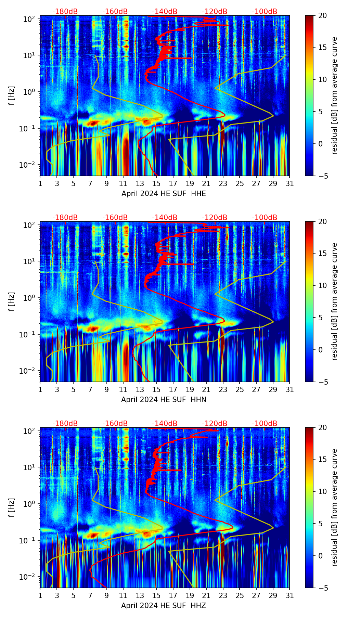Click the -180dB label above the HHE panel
(65, 12)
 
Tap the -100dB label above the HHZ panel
(265, 424)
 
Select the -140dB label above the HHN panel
(165, 218)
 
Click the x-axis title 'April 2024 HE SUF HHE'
(164, 194)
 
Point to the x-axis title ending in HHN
(164, 400)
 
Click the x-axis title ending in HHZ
(164, 606)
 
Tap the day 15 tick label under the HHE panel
(156, 183)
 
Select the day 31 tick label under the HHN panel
(290, 389)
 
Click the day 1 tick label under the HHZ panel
(40, 595)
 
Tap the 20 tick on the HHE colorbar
(322, 16)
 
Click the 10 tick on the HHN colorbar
(322, 285)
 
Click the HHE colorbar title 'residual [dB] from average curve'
(334, 95)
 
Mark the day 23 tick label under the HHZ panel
(223, 595)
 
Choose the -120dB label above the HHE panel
(215, 12)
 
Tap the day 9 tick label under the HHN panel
(106, 389)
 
